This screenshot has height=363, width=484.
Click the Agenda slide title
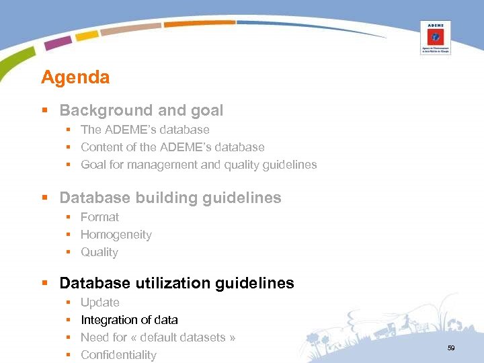coord(75,77)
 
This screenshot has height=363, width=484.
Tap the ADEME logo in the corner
coord(435,37)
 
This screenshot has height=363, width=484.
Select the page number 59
coord(451,348)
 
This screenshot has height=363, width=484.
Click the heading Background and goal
coord(141,110)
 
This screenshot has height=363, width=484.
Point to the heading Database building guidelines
coord(170,198)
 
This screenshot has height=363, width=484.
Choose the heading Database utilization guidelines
coord(177,283)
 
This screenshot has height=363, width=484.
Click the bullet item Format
coord(99,217)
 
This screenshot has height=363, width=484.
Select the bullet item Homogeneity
coord(116,235)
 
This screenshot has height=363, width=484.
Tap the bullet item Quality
coord(99,252)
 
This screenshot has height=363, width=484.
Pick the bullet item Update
coord(100,302)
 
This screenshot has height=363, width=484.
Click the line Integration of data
coord(129,320)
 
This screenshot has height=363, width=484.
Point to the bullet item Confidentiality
coord(118,355)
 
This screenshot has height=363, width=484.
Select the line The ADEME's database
coord(145,130)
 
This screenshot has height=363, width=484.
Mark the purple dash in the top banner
coord(58,43)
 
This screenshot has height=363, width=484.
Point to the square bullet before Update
coord(68,303)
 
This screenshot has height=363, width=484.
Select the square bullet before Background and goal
coord(45,111)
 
